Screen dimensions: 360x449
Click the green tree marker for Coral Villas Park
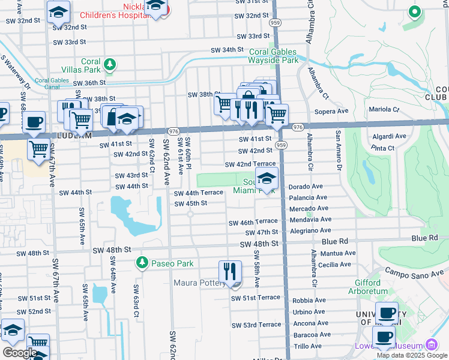pos(109,63)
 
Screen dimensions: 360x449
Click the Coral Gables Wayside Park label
pos(274,56)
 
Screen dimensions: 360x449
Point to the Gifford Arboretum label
pos(363,287)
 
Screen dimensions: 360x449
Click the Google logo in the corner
pos(19,353)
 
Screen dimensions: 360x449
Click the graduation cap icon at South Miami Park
pos(267,178)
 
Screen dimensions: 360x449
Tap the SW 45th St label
pos(190,203)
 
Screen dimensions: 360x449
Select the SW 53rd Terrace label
pos(256,325)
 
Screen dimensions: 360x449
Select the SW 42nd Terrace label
pos(250,164)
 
